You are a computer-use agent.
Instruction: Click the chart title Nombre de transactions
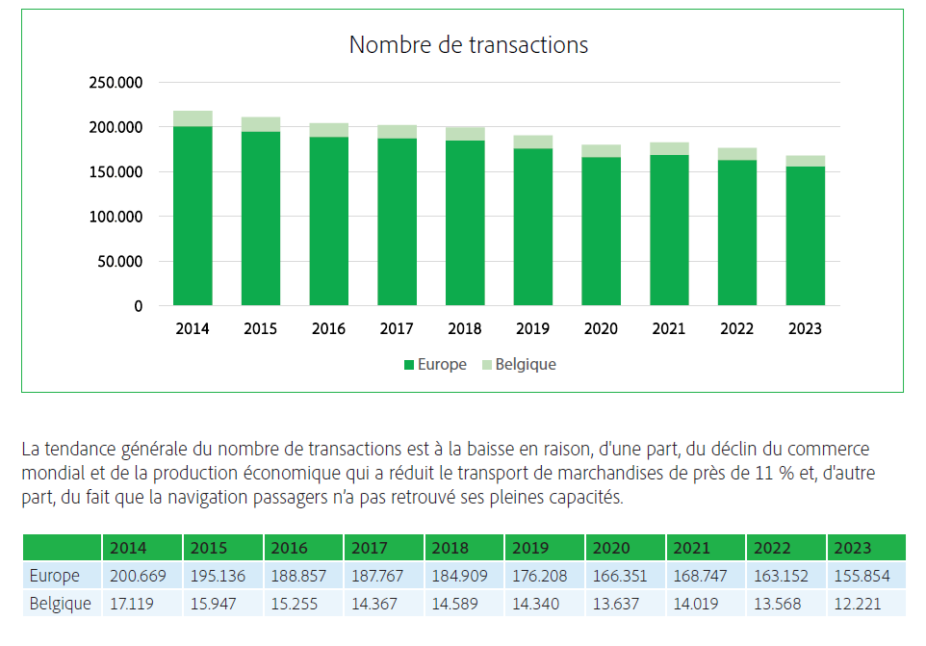(468, 45)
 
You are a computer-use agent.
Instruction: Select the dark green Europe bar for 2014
(193, 217)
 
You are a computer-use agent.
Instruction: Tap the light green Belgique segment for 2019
(533, 142)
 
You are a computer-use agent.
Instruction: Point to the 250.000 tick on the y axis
(116, 83)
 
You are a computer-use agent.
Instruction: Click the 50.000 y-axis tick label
(116, 262)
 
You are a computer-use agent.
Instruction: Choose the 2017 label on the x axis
(397, 329)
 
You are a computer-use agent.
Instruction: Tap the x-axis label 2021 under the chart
(669, 329)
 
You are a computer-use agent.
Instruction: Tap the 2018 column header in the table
(450, 548)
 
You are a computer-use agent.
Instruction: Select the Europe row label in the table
(54, 577)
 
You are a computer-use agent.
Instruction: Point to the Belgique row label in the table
(61, 604)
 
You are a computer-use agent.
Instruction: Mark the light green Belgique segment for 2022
(737, 154)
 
